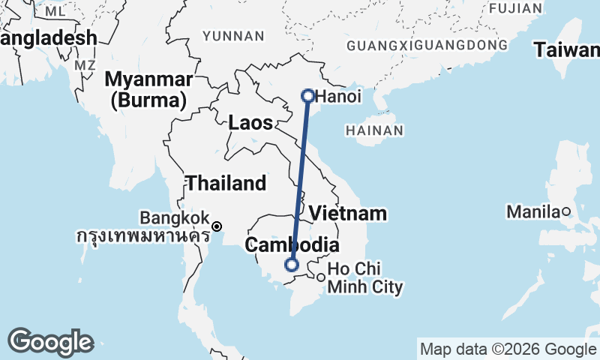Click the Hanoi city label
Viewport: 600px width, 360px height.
338,97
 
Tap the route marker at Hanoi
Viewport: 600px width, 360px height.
307,95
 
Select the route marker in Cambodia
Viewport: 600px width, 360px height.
292,264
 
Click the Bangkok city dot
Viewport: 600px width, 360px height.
217,226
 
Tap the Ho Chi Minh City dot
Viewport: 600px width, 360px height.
320,277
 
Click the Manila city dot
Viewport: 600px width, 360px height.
567,211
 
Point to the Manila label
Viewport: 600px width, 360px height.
534,211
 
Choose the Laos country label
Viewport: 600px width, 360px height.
250,123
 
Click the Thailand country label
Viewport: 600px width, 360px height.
226,183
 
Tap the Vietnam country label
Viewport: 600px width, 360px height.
349,213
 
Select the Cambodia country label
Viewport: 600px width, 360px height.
292,245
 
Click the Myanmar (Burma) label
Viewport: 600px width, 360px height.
148,88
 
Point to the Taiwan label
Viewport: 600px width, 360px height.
567,50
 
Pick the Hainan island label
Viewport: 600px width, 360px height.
376,130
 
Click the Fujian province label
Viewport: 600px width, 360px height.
514,8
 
